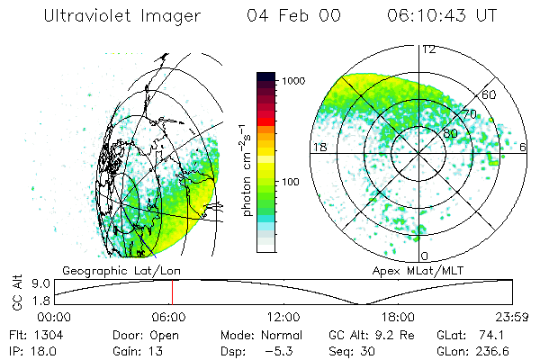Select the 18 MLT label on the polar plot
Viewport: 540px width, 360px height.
318,147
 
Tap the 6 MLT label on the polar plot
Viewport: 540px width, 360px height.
524,147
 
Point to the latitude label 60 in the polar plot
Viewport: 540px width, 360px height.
490,94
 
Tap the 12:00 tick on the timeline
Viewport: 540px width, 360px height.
283,317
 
